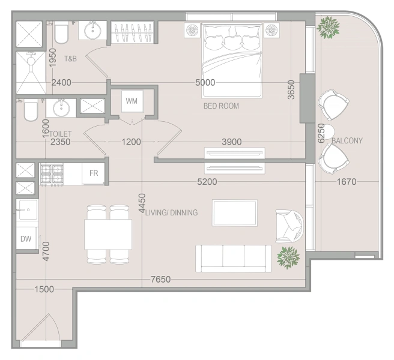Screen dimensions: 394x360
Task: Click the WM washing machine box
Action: pyautogui.click(x=132, y=101)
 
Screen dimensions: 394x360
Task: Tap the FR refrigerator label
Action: pyautogui.click(x=94, y=173)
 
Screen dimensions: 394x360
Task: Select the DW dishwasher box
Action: pyautogui.click(x=26, y=238)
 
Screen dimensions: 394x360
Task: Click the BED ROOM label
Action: pyautogui.click(x=221, y=106)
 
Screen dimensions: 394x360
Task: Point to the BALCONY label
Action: pyautogui.click(x=347, y=140)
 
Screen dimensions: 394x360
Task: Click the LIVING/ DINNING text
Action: pyautogui.click(x=172, y=212)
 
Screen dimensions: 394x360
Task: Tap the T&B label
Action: pyautogui.click(x=70, y=59)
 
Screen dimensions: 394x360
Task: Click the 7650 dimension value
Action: pyautogui.click(x=160, y=279)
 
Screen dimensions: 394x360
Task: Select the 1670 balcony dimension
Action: pyautogui.click(x=347, y=182)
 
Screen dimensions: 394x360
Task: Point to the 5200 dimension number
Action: pyautogui.click(x=207, y=182)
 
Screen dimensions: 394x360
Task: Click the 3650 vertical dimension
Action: pyautogui.click(x=291, y=90)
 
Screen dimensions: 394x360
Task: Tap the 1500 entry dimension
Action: pyautogui.click(x=44, y=289)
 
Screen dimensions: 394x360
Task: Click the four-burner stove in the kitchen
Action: pyautogui.click(x=52, y=175)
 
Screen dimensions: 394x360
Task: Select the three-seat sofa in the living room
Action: pyautogui.click(x=234, y=259)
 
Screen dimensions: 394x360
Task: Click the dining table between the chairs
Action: pyautogui.click(x=108, y=234)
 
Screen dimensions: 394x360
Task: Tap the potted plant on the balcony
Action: pyautogui.click(x=328, y=28)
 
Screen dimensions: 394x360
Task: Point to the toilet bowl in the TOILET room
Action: pyautogui.click(x=31, y=110)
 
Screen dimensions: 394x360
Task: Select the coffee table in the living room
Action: pyautogui.click(x=235, y=212)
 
